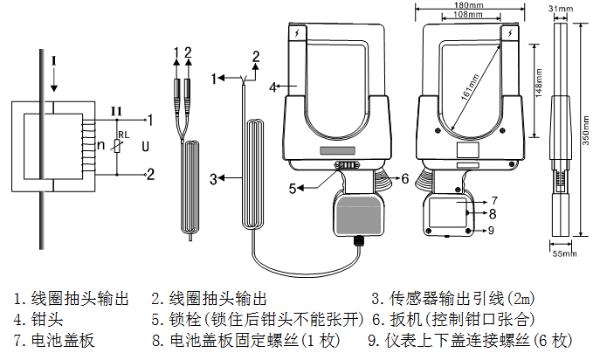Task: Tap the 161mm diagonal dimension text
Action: (x=472, y=83)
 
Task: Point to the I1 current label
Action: (x=115, y=109)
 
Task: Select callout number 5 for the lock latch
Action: (x=293, y=186)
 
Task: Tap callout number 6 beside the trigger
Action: (x=405, y=177)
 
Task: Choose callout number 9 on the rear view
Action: (x=492, y=231)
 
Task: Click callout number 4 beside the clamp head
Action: (x=272, y=87)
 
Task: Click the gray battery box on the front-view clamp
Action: (x=360, y=215)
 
